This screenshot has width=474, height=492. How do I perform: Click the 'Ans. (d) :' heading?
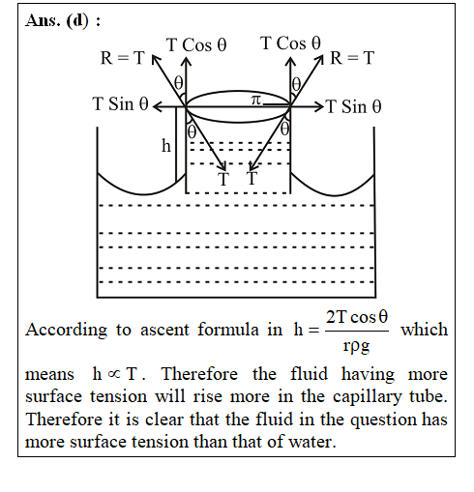63,21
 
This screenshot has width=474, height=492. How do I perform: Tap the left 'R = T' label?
122,58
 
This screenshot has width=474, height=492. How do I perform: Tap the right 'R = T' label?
352,58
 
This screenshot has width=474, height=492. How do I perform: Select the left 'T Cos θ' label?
196,44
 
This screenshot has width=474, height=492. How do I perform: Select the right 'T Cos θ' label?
290,43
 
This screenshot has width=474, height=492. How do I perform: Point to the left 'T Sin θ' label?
120,104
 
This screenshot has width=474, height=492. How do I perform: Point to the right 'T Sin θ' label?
353,106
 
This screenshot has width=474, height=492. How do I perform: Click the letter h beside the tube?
166,146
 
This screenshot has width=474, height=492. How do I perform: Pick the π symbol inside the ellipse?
255,101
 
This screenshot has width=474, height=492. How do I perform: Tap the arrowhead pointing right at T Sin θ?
320,106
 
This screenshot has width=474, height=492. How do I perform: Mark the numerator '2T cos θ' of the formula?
357,317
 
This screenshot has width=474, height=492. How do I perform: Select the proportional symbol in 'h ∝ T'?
113,374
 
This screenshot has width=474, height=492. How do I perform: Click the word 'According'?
67,331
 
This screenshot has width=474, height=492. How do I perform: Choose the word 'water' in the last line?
310,442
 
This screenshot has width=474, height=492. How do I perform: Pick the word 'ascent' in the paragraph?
164,331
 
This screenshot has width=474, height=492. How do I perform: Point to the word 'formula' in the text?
228,330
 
